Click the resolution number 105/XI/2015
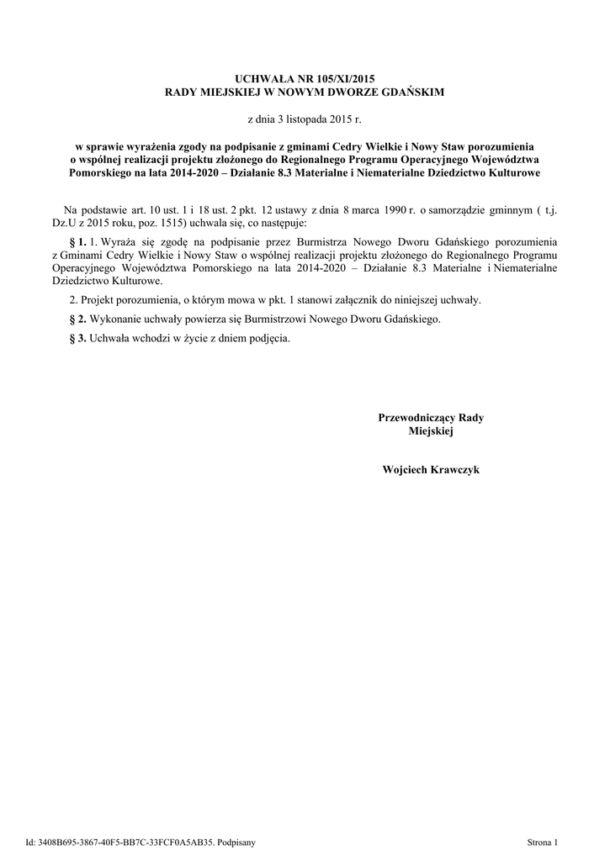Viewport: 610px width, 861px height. point(337,77)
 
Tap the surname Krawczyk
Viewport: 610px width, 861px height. point(456,470)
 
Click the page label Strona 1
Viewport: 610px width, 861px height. point(543,841)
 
